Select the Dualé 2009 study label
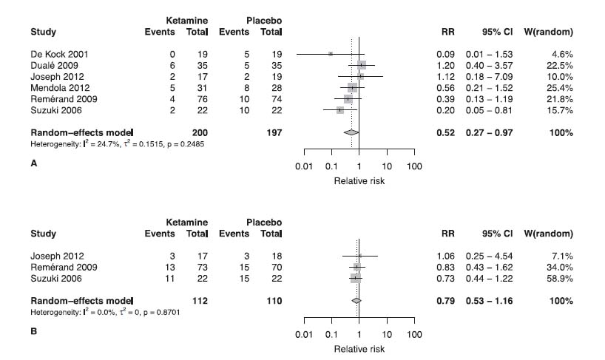pyautogui.click(x=50, y=65)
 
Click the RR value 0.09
pyautogui.click(x=446, y=54)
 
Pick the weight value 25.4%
pyautogui.click(x=561, y=87)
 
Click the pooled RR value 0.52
pyautogui.click(x=446, y=132)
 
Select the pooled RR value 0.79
pyautogui.click(x=446, y=301)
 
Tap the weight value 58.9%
pyautogui.click(x=561, y=278)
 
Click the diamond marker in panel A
pyautogui.click(x=351, y=132)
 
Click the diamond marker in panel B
pyautogui.click(x=356, y=301)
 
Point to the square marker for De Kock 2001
pyautogui.click(x=331, y=54)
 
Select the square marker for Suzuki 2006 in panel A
pyautogui.click(x=339, y=109)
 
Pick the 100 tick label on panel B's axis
pyautogui.click(x=414, y=335)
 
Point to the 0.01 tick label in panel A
pyautogui.click(x=303, y=166)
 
